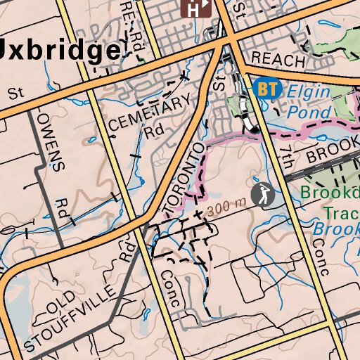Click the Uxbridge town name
[60, 51]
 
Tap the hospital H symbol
[198, 8]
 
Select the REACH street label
[278, 58]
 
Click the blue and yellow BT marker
[267, 89]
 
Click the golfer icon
[262, 195]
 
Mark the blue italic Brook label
[336, 229]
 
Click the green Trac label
[340, 211]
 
